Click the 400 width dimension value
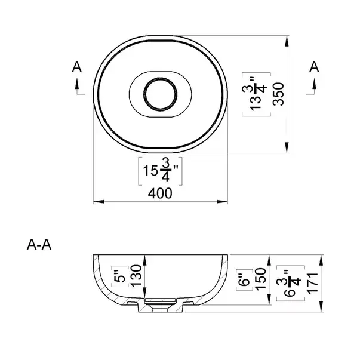coord(161,193)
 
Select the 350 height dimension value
coord(276,94)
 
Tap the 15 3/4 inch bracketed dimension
coord(161,171)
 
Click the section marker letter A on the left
coord(76,68)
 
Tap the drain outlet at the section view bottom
coord(161,307)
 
